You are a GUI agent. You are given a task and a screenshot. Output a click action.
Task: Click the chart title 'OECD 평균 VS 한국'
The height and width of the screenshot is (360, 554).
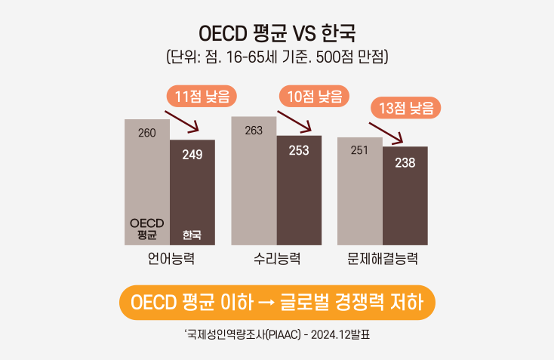276,34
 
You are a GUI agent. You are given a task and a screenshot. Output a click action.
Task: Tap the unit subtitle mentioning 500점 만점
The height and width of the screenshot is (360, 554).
276,57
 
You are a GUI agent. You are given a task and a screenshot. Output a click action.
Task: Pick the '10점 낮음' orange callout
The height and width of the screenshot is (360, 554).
315,96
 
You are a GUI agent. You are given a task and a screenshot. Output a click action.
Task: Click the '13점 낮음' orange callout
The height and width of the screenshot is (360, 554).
405,109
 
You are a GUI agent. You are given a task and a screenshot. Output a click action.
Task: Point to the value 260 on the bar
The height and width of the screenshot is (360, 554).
147,133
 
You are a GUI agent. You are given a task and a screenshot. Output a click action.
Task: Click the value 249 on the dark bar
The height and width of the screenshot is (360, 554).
192,155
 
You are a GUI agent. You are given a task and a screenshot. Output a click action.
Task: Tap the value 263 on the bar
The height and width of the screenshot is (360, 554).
254,131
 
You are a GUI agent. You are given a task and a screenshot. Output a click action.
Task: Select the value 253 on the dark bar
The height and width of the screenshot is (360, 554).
299,150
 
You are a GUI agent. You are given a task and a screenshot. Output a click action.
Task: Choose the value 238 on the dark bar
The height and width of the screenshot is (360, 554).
405,162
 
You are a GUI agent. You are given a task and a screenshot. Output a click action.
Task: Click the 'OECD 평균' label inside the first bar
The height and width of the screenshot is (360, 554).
147,229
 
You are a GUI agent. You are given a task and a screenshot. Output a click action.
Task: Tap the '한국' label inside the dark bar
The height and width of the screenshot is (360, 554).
192,235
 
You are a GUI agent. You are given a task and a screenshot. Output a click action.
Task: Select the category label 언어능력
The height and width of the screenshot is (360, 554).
171,259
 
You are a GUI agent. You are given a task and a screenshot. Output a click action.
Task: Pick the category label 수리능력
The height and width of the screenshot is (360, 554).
277,259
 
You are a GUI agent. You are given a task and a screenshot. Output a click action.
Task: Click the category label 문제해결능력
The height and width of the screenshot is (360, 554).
383,259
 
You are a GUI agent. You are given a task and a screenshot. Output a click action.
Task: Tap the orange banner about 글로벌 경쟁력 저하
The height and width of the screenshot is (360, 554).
277,302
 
